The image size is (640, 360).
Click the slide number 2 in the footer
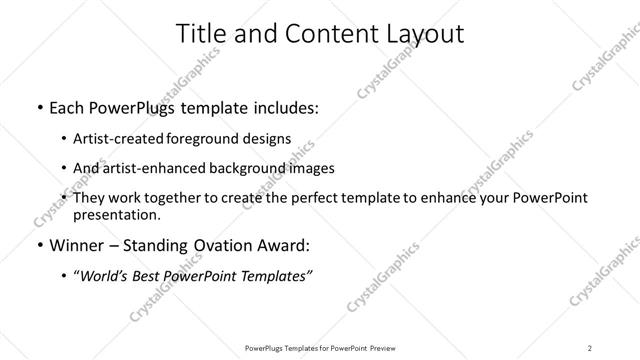[x=590, y=347]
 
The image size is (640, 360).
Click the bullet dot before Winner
[x=38, y=245]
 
